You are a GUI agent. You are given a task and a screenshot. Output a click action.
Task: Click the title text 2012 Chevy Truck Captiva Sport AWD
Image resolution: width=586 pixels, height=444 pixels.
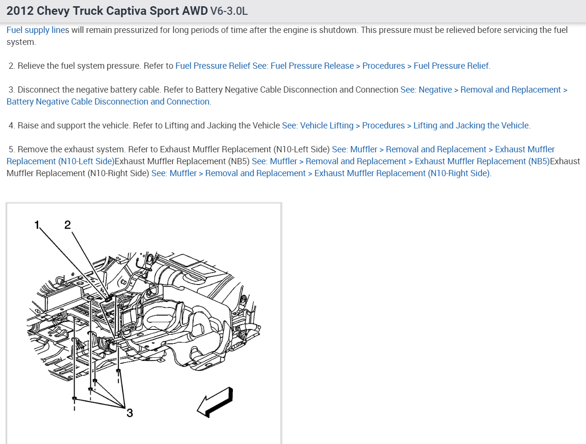coord(107,11)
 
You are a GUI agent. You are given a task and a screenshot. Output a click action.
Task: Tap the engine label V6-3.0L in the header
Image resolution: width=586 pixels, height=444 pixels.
coord(229,11)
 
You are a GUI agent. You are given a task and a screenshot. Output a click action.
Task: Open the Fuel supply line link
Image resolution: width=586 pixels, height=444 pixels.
coord(35,30)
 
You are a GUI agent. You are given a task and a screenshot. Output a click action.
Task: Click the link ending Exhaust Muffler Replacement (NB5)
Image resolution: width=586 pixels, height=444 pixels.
coord(400,161)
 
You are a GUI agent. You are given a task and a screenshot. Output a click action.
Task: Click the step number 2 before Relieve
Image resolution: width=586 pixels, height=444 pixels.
coord(11,66)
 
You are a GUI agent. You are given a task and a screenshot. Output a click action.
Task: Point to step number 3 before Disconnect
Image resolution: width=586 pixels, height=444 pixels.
coord(11,90)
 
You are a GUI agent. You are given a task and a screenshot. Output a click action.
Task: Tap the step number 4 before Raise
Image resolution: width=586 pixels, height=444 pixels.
coord(11,126)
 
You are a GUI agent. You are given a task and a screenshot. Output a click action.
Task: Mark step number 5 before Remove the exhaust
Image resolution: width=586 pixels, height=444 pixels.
coord(11,149)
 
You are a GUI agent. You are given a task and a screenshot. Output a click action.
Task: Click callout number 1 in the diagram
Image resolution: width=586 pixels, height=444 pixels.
coord(37,224)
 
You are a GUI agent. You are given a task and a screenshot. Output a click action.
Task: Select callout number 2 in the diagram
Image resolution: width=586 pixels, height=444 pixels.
coord(67,224)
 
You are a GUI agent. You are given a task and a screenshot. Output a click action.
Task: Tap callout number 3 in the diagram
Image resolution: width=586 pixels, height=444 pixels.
coord(129,413)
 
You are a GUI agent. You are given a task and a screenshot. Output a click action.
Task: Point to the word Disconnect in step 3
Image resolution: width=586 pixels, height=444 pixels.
coord(40,90)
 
